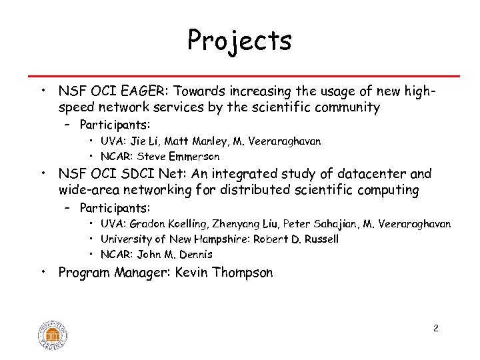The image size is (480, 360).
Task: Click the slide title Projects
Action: click(239, 41)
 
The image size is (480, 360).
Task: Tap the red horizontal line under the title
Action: click(240, 76)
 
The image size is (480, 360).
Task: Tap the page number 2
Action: click(435, 328)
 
